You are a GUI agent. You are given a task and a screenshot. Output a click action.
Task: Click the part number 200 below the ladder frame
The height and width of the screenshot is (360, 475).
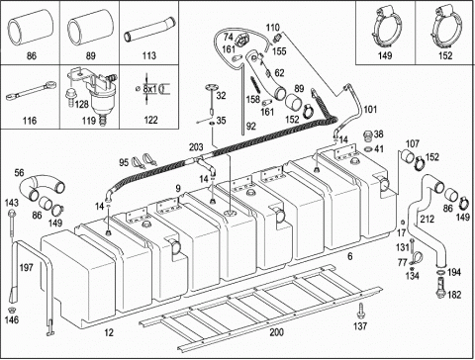[x=276, y=332]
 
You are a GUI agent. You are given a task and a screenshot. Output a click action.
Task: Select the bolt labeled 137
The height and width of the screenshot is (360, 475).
[x=361, y=311]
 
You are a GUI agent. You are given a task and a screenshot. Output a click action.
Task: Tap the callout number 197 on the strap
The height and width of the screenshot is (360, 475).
[x=26, y=267]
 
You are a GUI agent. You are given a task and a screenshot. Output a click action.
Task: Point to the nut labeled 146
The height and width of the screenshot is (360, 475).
[x=12, y=310]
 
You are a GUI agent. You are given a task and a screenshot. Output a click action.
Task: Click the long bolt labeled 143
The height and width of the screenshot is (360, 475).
[x=12, y=224]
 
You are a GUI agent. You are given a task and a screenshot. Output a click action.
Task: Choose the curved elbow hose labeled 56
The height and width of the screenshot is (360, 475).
[x=41, y=187]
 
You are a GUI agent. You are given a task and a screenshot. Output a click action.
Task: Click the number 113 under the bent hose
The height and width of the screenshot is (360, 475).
[x=148, y=55]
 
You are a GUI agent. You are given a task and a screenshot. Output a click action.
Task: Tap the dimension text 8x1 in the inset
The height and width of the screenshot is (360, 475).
[x=150, y=89]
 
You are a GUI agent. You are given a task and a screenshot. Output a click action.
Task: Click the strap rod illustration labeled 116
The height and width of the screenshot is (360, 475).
[x=31, y=91]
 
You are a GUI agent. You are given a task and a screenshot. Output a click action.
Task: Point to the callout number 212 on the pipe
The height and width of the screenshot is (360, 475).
[x=427, y=219]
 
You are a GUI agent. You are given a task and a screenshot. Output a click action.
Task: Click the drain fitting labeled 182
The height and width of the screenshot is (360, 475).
[x=440, y=288]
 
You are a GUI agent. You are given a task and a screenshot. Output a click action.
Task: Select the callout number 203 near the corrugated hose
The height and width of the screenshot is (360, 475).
[x=196, y=146]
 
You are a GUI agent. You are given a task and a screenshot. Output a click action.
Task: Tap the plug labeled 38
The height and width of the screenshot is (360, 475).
[x=367, y=135]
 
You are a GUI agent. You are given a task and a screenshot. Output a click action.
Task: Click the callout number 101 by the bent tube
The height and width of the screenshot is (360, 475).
[x=370, y=109]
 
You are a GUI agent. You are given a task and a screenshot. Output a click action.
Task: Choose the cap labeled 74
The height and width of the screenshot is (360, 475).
[x=241, y=42]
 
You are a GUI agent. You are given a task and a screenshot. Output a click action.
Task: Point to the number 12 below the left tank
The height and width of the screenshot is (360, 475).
[x=109, y=332]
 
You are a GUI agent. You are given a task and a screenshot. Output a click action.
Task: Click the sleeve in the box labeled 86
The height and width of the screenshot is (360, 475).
[x=31, y=27]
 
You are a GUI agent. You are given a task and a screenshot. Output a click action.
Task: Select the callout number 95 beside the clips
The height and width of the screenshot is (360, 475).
[x=124, y=162]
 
